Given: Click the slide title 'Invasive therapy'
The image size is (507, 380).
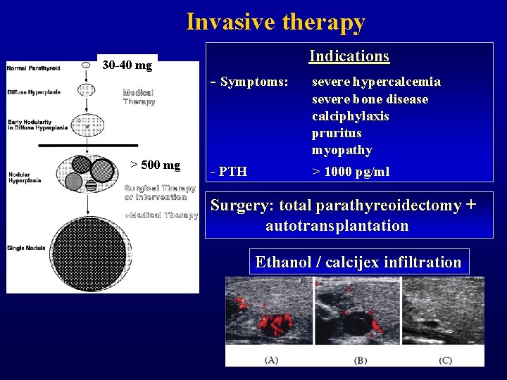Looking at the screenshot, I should coord(275,22).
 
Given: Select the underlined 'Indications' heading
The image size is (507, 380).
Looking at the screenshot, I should coord(349,56).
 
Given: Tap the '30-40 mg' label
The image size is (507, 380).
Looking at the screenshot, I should coord(127,65).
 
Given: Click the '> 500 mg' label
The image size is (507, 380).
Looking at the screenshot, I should coord(156,165).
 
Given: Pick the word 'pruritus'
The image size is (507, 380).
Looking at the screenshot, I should coord(336,133).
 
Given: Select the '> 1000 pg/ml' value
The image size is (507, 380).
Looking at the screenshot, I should coord(351,172).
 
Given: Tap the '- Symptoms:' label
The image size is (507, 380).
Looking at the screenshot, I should coord(249,82).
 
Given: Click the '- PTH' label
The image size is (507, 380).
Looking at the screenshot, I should coord(229,172).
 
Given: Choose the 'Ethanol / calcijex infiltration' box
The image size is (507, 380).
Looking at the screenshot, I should coord(358,262).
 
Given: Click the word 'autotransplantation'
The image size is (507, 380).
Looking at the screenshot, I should coord(337,226).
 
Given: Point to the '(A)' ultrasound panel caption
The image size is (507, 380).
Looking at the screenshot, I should coord(271,360).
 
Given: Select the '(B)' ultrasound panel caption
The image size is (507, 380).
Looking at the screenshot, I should coord(360,360).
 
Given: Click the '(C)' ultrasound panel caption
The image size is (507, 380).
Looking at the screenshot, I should coord(444,360).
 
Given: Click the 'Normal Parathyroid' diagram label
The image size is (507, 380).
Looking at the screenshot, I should coord(33,68).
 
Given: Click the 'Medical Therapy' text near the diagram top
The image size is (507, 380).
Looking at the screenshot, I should coord(139,97).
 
